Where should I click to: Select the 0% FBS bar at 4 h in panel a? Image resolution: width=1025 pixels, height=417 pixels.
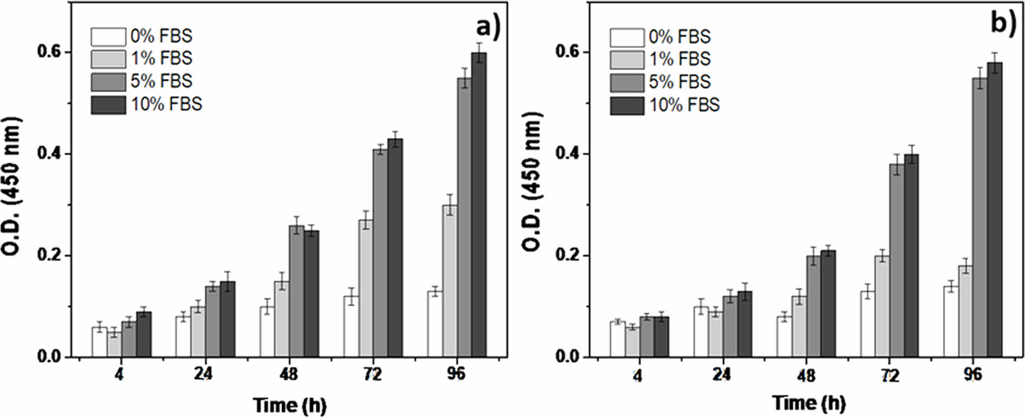100,342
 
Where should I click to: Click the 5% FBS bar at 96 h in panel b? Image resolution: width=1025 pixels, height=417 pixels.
980,217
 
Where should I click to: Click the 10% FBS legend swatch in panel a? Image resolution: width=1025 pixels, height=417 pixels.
108,105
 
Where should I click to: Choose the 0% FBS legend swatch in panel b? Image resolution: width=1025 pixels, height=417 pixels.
626,37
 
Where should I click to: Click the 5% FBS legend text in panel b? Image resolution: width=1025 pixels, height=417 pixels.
680,82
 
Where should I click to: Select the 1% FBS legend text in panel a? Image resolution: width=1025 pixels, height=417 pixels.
161,59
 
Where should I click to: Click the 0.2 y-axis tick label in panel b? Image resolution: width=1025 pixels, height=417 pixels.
567,255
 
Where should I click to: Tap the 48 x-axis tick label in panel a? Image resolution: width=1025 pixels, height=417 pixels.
289,374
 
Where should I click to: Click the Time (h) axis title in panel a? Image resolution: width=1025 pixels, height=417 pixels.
290,405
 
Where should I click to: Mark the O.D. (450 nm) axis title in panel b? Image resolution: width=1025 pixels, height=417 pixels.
532,182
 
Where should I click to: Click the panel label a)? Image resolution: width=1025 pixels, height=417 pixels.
488,27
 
